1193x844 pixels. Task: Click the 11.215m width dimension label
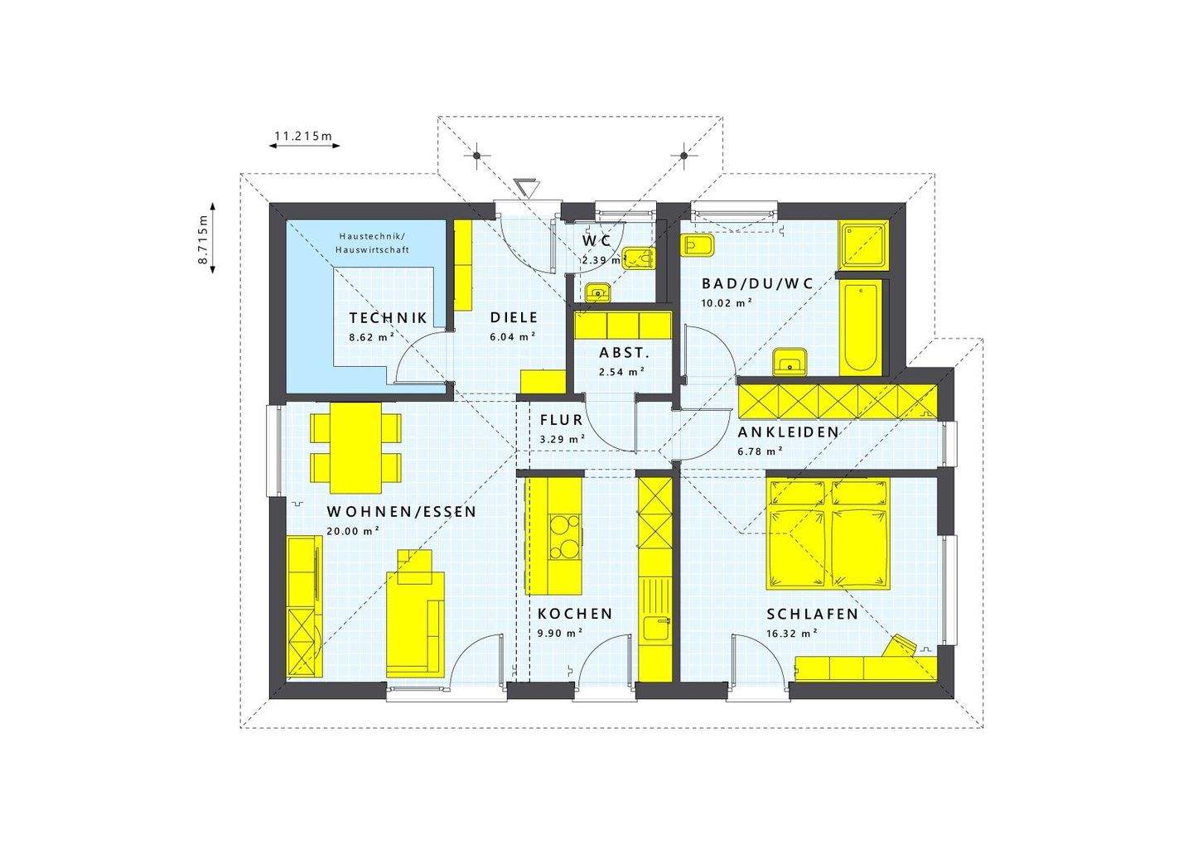(302, 134)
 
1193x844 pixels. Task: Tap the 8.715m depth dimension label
(202, 239)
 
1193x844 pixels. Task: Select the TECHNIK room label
(388, 318)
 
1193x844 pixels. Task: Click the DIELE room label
(514, 317)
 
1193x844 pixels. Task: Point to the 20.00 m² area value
(353, 532)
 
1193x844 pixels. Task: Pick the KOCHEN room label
(575, 614)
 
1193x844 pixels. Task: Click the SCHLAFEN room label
(812, 614)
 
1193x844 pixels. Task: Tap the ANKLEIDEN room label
(789, 432)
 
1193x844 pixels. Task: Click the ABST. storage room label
(625, 353)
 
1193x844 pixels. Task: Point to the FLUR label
(562, 421)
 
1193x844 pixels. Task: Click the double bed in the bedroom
(828, 535)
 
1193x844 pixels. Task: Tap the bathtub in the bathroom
(862, 328)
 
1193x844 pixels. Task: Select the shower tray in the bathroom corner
(865, 245)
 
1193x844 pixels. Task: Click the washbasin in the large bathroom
(790, 361)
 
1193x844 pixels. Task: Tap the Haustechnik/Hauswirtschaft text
(372, 243)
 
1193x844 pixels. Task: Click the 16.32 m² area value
(792, 633)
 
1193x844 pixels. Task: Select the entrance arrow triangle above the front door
(526, 186)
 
